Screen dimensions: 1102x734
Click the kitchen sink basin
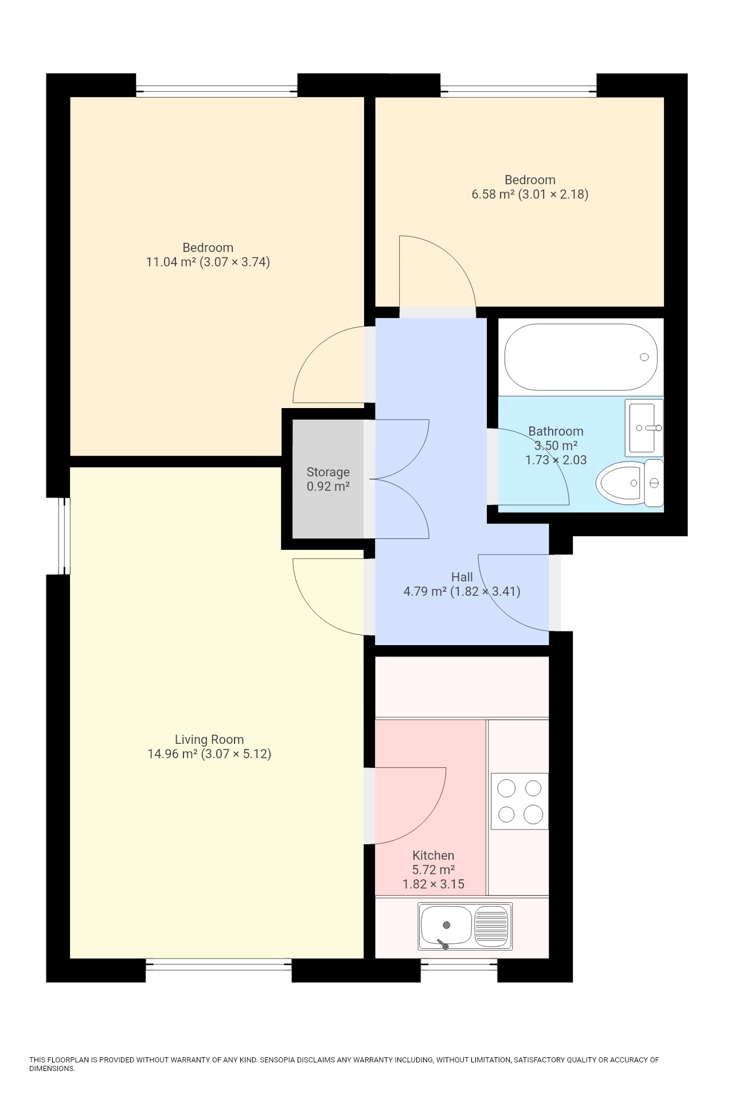[446, 925]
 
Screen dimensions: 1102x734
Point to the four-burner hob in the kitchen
[520, 801]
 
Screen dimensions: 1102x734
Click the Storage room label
[328, 472]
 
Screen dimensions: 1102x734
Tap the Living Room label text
[209, 739]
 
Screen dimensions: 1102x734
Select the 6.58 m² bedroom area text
[529, 194]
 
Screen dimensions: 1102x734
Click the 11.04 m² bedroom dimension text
[208, 262]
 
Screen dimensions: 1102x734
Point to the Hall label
[462, 577]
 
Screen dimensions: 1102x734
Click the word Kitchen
[433, 855]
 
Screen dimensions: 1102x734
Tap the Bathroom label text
[555, 431]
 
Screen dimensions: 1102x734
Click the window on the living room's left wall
[65, 536]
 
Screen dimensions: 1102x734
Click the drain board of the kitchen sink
[492, 925]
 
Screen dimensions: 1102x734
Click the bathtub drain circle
[644, 357]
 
